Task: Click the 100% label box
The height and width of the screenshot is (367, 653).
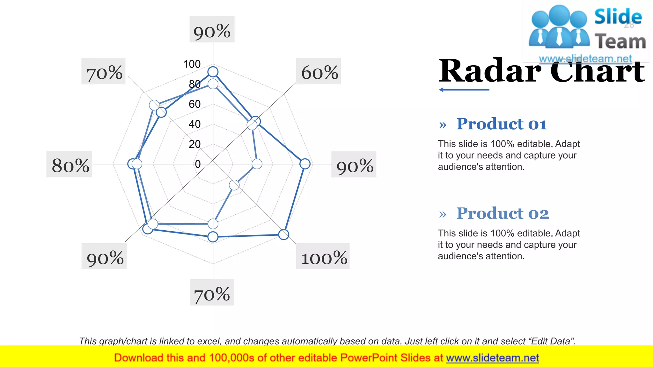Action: pyautogui.click(x=323, y=256)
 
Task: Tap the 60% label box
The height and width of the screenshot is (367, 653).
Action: pyautogui.click(x=319, y=71)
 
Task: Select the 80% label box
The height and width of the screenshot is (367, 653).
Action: pyautogui.click(x=69, y=164)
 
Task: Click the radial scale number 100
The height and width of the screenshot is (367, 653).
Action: pyautogui.click(x=192, y=64)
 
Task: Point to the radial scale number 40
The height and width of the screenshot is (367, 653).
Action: pyautogui.click(x=194, y=124)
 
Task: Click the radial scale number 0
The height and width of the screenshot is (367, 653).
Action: pyautogui.click(x=198, y=164)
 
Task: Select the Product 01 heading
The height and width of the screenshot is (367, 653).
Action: pyautogui.click(x=502, y=124)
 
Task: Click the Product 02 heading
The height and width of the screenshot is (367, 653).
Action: pyautogui.click(x=503, y=213)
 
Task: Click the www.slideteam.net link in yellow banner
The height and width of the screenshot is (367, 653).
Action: pyautogui.click(x=492, y=358)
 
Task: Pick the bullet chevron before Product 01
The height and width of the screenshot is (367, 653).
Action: pyautogui.click(x=443, y=125)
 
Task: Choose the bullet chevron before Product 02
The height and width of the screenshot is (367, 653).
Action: pyautogui.click(x=443, y=214)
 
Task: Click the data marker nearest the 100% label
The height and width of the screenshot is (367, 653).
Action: pyautogui.click(x=283, y=234)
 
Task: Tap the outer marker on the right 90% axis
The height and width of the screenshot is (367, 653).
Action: pyautogui.click(x=305, y=164)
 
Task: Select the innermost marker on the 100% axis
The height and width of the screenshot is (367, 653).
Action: pyautogui.click(x=234, y=185)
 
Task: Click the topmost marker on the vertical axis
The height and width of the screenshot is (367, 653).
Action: pyautogui.click(x=213, y=72)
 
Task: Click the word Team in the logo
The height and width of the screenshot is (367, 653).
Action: pyautogui.click(x=620, y=42)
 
